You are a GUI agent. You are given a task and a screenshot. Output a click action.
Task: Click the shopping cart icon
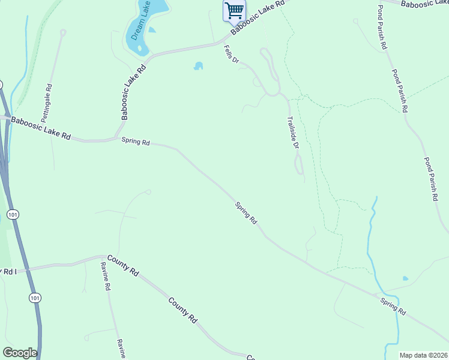tap(234, 10)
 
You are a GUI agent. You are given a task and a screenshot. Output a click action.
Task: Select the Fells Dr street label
tap(231, 55)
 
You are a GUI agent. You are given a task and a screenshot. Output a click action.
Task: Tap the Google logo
tap(20, 352)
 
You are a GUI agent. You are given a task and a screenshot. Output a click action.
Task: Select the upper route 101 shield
tap(13, 214)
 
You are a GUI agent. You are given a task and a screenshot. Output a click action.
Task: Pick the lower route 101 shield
tap(35, 298)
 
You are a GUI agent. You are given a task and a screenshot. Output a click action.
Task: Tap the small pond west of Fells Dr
tap(198, 66)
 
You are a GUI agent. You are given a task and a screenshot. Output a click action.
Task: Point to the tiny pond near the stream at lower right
tap(405, 278)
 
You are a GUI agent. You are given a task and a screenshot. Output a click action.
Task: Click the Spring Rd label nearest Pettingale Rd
tap(135, 142)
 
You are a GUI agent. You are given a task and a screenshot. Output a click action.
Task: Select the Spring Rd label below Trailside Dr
tap(246, 213)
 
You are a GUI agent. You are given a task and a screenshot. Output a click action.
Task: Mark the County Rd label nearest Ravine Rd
tap(124, 265)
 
